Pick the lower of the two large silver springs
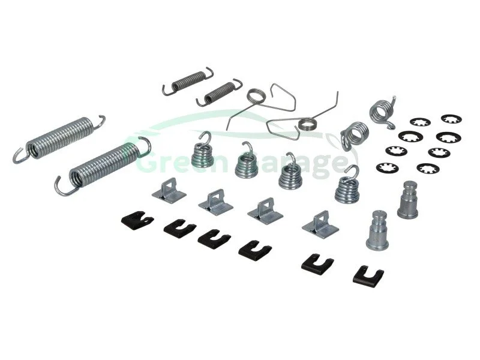103,165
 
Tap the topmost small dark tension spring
188,80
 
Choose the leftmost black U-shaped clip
137,220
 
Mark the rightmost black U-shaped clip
368,276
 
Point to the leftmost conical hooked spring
202,154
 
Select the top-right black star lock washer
451,119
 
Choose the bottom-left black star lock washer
386,167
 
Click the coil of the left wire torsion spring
256,96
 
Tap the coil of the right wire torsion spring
307,124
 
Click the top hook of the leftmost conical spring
206,137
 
